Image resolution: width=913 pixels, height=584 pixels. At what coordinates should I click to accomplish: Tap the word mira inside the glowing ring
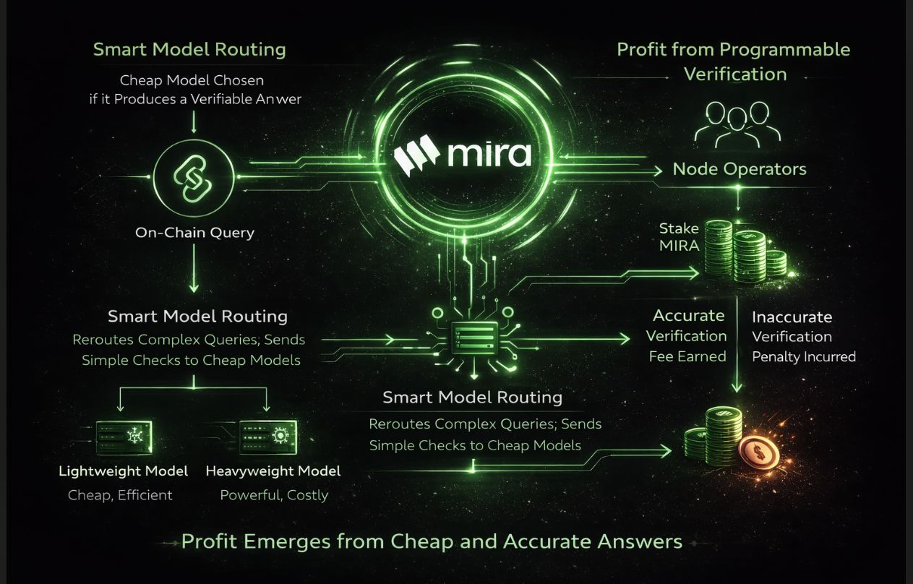click(489, 154)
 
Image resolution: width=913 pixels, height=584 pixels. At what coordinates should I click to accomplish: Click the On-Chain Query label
click(194, 233)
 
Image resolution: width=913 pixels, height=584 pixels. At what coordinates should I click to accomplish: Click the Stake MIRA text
click(679, 237)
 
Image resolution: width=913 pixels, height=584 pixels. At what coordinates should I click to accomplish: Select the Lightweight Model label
click(123, 471)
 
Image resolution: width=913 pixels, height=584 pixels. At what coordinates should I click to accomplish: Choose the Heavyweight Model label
click(273, 471)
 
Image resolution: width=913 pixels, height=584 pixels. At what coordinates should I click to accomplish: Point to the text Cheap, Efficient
click(120, 495)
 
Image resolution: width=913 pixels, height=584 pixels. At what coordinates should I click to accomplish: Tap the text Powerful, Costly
click(274, 495)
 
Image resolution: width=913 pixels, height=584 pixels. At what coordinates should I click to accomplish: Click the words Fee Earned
click(687, 356)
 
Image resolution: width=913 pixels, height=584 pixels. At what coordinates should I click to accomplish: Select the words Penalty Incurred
click(804, 356)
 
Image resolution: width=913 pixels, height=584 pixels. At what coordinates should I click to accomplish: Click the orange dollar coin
click(759, 452)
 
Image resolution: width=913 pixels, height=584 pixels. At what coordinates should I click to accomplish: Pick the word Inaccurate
click(792, 317)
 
